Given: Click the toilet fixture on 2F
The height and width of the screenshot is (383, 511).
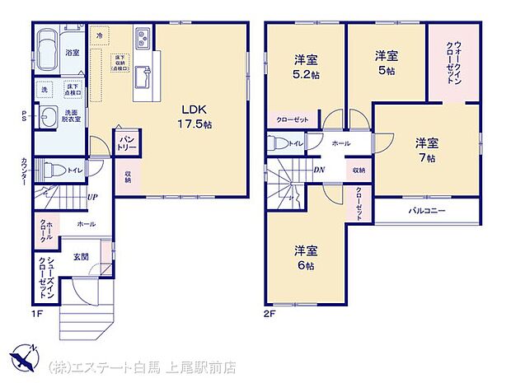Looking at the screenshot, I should click(276, 143).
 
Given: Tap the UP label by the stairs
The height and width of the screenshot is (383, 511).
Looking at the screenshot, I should click(93, 197).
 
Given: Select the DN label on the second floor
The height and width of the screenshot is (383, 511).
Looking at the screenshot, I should click(319, 170).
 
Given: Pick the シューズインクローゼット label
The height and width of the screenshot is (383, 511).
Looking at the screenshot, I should click(45, 277).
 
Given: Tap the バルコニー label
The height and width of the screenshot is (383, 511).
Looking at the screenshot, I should click(428, 211).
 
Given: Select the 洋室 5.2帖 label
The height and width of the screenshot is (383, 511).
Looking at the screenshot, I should click(307, 65).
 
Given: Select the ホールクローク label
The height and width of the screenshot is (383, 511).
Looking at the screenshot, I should click(45, 230).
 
